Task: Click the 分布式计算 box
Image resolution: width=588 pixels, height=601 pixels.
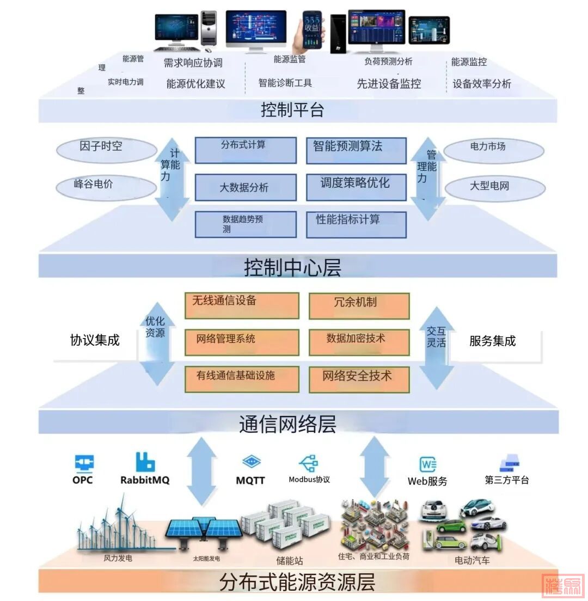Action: click(246, 150)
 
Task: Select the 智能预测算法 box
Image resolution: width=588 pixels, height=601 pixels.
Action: click(356, 151)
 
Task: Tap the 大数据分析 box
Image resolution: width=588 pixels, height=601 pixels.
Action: click(246, 188)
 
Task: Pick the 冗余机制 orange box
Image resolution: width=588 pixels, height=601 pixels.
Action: click(359, 305)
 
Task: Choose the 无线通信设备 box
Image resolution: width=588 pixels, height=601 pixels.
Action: click(242, 305)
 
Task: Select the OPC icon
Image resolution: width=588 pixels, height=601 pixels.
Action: click(83, 463)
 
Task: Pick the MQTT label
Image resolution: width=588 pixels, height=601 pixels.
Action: click(250, 481)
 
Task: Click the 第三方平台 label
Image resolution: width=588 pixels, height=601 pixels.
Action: click(506, 480)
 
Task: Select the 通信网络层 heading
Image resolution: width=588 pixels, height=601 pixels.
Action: click(287, 424)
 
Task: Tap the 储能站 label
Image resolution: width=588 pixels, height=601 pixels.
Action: click(289, 561)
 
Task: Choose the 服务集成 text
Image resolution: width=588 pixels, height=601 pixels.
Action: click(492, 341)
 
